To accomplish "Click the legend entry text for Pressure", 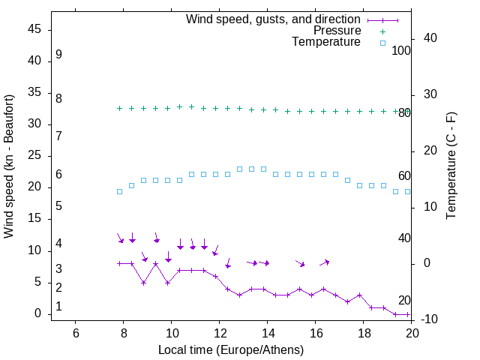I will pos(337,31).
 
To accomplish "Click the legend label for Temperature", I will pos(326,42).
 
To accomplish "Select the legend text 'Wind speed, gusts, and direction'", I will pos(274,19).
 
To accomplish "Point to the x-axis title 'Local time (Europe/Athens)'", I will pos(231,349).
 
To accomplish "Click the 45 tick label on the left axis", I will pos(35,29).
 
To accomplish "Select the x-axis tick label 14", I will pos(268,334).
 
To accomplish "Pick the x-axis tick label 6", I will pos(75,334).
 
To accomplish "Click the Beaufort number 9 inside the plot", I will pos(58,55).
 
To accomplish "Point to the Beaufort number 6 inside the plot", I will pos(58,175).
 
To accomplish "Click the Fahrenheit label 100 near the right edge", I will pos(402,51).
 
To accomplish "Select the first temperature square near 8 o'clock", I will pos(119,191).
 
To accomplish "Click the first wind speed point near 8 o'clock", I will pos(119,263).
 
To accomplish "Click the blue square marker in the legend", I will pos(382,43).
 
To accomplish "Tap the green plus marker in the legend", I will pos(382,31).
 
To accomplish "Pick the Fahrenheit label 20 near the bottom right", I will pos(404,300).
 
